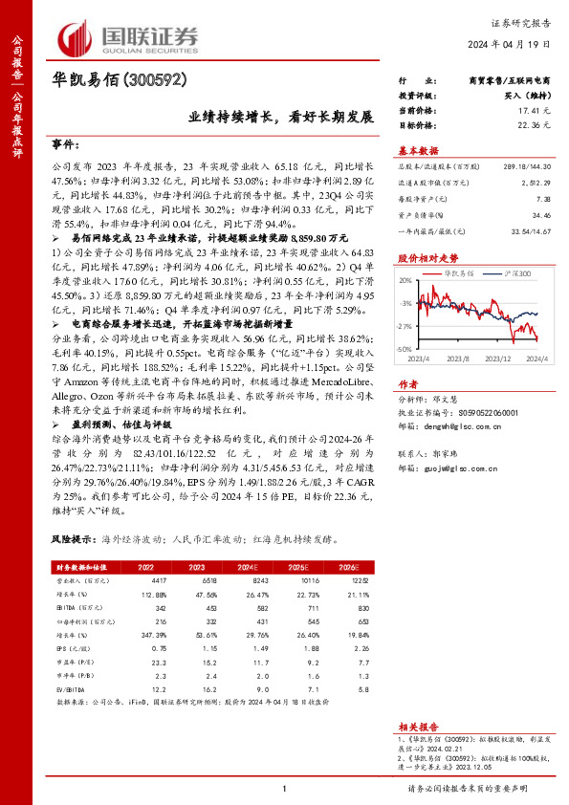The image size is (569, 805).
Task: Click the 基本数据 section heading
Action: [x=417, y=150]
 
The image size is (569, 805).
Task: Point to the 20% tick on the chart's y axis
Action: [x=405, y=280]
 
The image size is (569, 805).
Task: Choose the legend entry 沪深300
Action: [x=499, y=272]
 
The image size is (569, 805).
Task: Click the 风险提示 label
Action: [x=74, y=539]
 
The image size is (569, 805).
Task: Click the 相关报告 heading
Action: [x=417, y=727]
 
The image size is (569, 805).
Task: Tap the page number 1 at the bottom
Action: [x=285, y=788]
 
